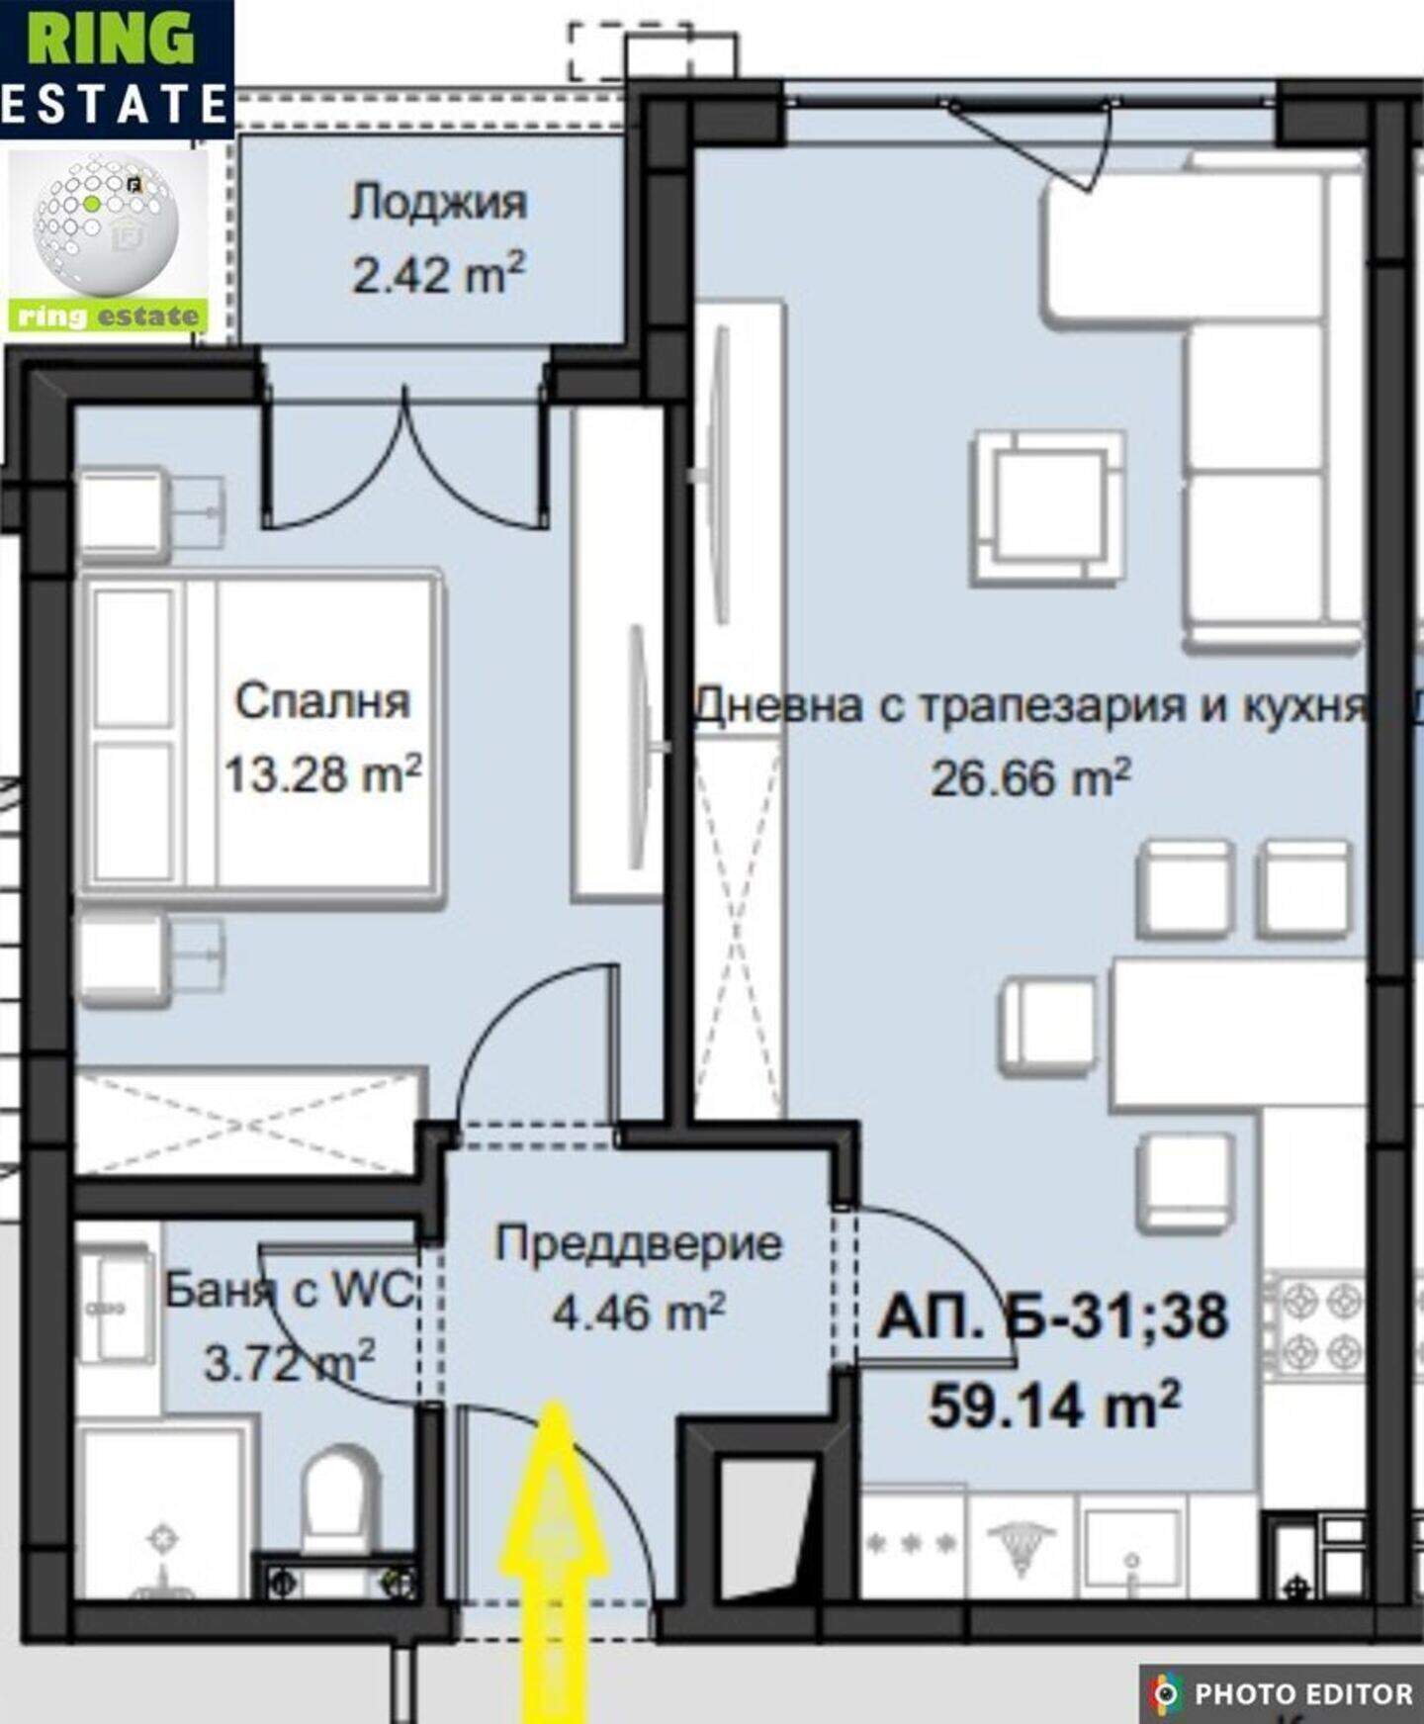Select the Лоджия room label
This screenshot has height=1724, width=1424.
(438, 203)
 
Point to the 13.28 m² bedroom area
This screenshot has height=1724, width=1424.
(322, 773)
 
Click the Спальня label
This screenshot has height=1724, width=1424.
(322, 701)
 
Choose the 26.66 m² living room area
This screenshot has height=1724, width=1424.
(1029, 777)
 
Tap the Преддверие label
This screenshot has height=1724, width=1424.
(639, 1244)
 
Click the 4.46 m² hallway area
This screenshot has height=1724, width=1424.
(639, 1313)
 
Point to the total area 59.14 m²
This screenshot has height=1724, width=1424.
(1054, 1404)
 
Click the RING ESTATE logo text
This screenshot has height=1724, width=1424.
(116, 67)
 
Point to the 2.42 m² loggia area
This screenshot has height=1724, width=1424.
(438, 274)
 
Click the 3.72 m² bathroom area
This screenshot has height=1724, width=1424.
(289, 1362)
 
